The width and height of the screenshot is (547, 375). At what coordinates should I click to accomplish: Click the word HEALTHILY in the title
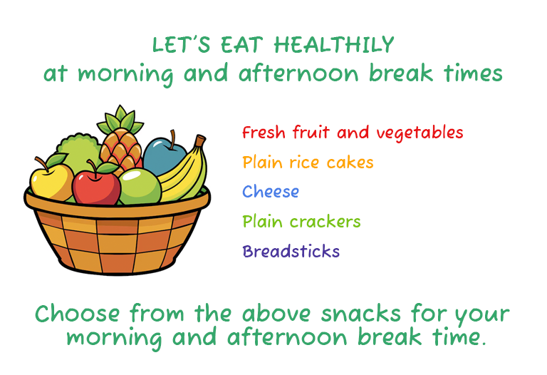[x=334, y=45]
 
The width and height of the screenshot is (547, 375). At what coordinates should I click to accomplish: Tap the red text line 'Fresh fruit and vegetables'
[x=353, y=133]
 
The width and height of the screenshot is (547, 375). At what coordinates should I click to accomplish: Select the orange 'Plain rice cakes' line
[x=308, y=163]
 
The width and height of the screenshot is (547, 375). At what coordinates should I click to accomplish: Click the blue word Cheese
[x=271, y=192]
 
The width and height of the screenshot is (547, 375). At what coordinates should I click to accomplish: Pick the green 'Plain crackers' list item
[x=301, y=222]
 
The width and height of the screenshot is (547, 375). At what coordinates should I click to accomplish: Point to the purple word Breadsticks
[x=291, y=251]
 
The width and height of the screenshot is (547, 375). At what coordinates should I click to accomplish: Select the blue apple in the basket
[x=164, y=156]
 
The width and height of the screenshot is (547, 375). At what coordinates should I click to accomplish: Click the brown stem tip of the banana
[x=200, y=140]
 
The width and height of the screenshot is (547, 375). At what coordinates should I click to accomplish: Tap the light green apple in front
[x=140, y=187]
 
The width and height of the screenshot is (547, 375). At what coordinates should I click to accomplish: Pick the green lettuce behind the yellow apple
[x=78, y=151]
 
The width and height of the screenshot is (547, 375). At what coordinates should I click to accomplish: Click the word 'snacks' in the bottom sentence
[x=360, y=313]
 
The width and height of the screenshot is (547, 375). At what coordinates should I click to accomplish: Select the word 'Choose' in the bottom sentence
[x=78, y=313]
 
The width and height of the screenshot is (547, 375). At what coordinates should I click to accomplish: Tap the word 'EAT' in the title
[x=241, y=45]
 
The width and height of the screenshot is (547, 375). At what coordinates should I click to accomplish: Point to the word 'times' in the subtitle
[x=473, y=73]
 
